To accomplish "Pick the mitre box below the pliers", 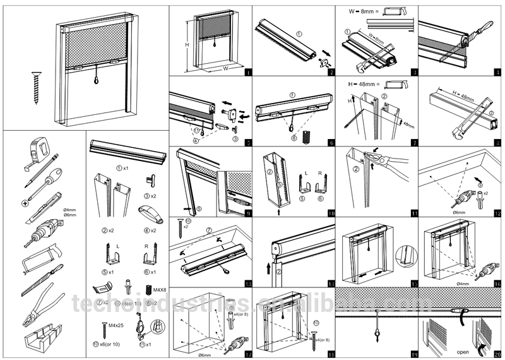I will [44, 341].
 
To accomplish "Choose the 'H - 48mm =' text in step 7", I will [360, 83].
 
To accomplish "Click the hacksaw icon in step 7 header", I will [396, 83].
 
